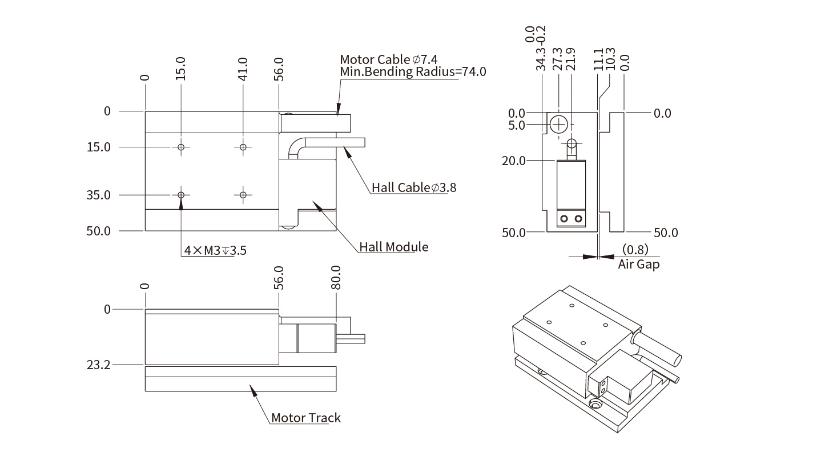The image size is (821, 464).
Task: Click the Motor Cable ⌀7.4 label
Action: [388, 59]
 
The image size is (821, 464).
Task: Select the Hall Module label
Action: [393, 247]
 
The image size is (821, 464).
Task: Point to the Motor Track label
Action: [305, 418]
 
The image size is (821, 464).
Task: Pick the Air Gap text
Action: [638, 265]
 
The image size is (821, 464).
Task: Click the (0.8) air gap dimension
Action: [635, 250]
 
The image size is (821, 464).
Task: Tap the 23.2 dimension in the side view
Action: [99, 364]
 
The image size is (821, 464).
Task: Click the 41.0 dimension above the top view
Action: [243, 69]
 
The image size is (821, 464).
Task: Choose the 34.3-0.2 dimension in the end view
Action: [541, 48]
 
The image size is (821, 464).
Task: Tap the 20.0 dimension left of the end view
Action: [513, 161]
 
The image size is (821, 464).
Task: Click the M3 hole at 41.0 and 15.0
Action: [243, 147]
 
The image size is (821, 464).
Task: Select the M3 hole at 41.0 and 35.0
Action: [243, 195]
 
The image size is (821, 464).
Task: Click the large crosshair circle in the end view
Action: [559, 123]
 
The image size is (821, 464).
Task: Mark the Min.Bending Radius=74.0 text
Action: [413, 72]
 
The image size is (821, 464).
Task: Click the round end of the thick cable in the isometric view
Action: [676, 361]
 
